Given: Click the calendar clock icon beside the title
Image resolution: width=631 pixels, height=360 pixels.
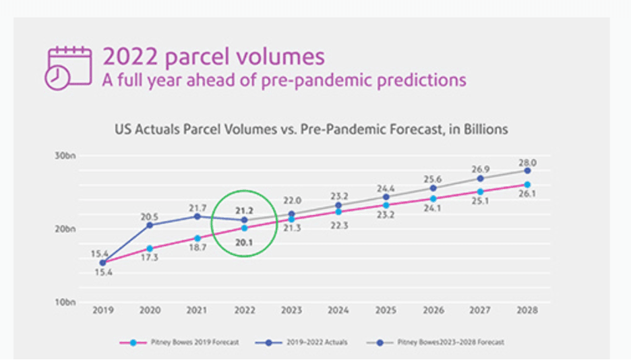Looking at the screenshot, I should (x=68, y=67).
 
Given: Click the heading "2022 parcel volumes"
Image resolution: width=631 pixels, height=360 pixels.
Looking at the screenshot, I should (x=213, y=56).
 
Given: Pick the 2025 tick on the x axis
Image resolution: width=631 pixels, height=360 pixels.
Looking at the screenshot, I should (x=386, y=311).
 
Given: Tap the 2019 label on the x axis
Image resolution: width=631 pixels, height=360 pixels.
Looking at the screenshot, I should (x=103, y=311).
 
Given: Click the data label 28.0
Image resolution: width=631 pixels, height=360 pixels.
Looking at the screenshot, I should (x=528, y=162).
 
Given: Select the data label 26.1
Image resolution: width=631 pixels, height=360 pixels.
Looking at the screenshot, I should (x=528, y=194).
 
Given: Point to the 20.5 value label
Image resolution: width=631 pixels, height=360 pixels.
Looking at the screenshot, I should (x=150, y=217).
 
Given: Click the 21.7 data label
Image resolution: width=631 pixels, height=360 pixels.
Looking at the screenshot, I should (x=197, y=207).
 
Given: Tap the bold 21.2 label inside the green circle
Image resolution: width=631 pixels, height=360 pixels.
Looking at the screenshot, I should (x=244, y=210).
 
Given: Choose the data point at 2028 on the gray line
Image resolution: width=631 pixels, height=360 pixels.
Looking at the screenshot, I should (x=528, y=171).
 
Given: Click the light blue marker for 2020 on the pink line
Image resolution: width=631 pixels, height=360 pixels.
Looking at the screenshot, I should (x=150, y=249).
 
